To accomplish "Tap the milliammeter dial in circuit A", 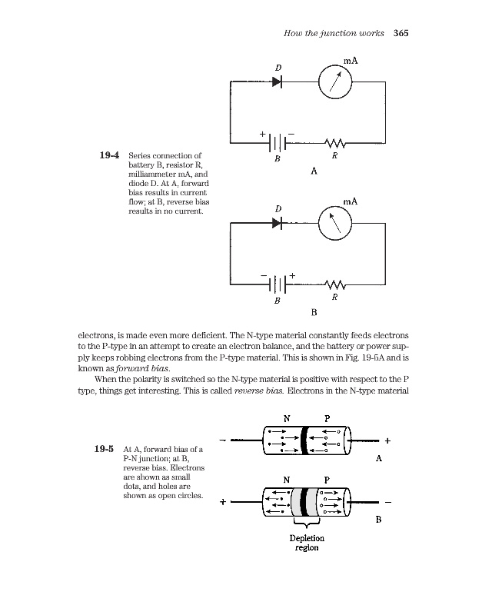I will point(335,80).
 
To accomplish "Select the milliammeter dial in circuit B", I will point(335,223).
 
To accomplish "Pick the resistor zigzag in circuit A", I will point(335,143).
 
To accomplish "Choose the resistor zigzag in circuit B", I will point(335,284).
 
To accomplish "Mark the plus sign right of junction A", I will point(387,441).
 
